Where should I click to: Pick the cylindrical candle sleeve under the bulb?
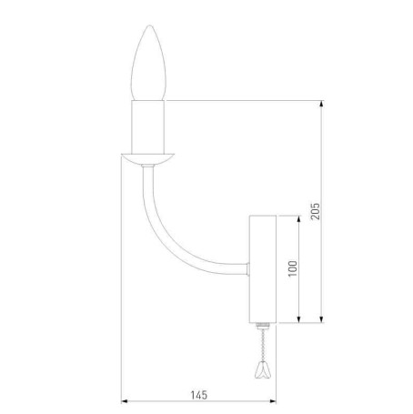tap(149, 126)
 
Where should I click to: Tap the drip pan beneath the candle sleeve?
tap(149, 157)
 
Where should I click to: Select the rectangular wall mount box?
tap(262, 269)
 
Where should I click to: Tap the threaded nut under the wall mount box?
tap(262, 325)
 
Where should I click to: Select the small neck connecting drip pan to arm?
tap(149, 169)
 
